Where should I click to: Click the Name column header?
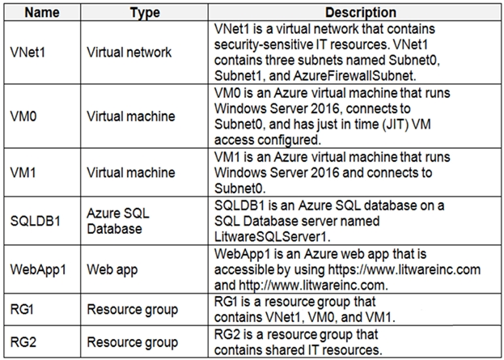[42, 12]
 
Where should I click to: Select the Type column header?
[145, 13]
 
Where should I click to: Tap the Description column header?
[361, 12]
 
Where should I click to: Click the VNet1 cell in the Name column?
[28, 52]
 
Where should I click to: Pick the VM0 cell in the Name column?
[23, 116]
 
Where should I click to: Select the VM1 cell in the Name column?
[23, 172]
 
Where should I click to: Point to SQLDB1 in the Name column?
[36, 221]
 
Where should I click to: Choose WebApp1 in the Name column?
[38, 269]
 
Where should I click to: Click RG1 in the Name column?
[22, 309]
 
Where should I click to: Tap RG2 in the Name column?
[23, 342]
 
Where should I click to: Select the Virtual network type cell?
[129, 52]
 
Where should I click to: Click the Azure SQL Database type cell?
[118, 221]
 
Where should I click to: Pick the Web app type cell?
[112, 269]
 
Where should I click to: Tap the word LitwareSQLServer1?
[273, 237]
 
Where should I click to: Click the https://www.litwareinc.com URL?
[404, 269]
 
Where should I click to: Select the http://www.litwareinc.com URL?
[313, 286]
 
